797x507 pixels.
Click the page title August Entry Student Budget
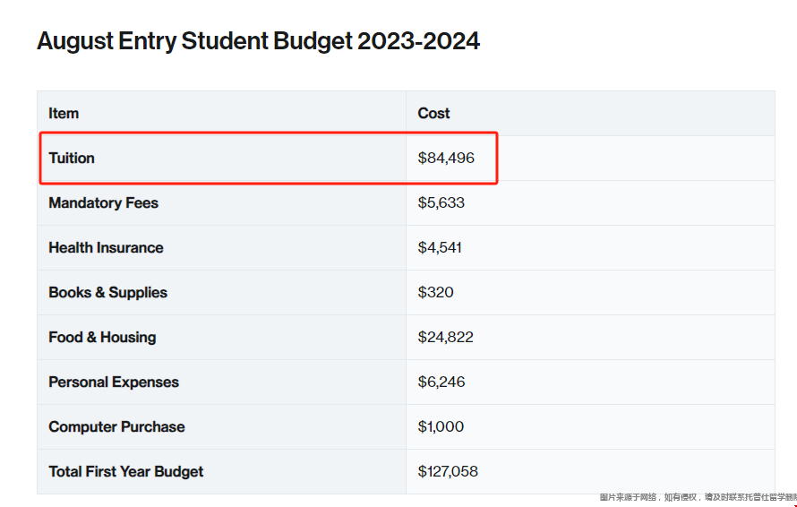(258, 41)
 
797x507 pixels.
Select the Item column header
(64, 113)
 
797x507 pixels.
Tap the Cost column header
(433, 113)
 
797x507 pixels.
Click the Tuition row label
(72, 158)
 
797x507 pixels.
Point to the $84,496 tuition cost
(446, 158)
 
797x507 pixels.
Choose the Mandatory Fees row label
(103, 202)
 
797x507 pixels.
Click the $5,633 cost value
(441, 202)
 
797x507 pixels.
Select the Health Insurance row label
(106, 247)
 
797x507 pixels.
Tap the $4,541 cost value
(440, 247)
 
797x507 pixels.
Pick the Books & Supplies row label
(107, 292)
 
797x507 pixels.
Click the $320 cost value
(435, 292)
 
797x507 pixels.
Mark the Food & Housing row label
(102, 337)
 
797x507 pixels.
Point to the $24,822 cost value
(445, 337)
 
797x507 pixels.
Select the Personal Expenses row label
(114, 382)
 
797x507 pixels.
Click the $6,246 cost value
(441, 382)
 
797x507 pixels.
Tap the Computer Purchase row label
(116, 426)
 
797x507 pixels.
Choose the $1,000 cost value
(441, 426)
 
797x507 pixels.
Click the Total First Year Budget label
(126, 471)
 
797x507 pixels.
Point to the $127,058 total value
(449, 471)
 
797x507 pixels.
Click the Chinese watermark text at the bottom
(698, 497)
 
